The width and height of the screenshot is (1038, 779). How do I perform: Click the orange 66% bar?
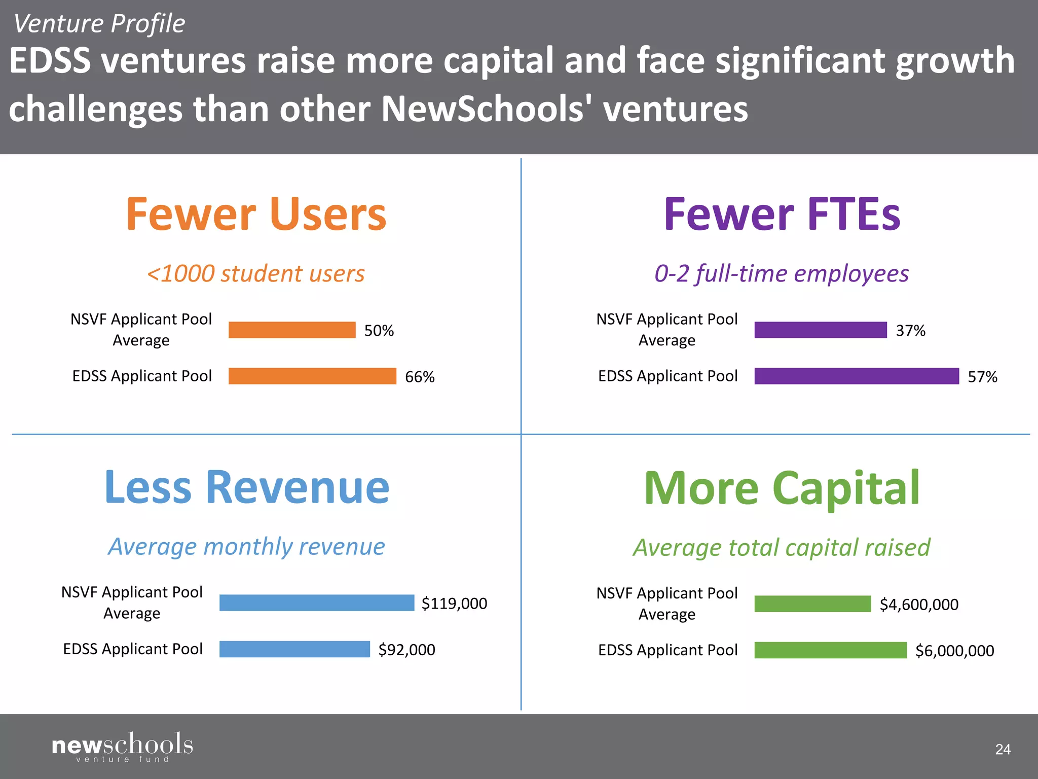[x=312, y=376]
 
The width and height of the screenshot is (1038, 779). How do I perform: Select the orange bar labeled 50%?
[x=292, y=330]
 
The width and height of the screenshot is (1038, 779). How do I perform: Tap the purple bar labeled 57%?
[x=857, y=376]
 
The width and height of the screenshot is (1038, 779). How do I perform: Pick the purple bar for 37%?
[x=821, y=330]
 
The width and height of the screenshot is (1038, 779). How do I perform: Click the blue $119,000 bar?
[x=317, y=603]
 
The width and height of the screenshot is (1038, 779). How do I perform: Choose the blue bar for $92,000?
[x=294, y=649]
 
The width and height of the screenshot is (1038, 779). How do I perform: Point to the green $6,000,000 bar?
[x=830, y=650]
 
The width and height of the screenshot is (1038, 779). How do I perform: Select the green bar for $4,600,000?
[x=812, y=604]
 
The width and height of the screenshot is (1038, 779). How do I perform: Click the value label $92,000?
[x=406, y=650]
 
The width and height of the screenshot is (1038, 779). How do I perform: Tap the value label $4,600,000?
[x=919, y=605]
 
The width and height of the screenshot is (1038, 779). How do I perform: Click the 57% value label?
[x=982, y=377]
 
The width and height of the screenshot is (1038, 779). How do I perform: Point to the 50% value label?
[x=379, y=331]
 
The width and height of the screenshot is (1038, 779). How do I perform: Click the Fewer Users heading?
[x=256, y=215]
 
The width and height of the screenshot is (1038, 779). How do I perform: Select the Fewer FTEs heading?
[x=782, y=215]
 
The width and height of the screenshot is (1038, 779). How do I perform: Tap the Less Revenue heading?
[x=247, y=487]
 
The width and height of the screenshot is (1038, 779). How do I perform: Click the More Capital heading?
[x=782, y=488]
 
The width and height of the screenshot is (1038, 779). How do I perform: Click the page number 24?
[x=1003, y=750]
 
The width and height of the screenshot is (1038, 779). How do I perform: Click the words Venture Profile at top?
[x=99, y=24]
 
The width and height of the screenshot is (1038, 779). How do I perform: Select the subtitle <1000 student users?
[x=255, y=274]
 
